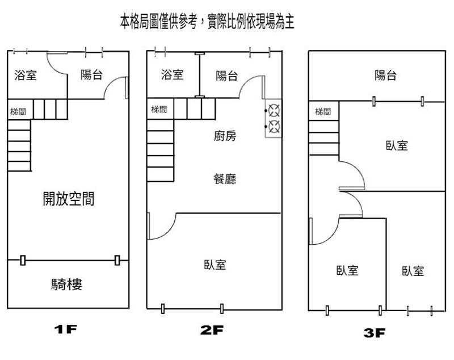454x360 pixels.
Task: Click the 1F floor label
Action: (x=65, y=329)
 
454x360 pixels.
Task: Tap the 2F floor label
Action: (x=212, y=330)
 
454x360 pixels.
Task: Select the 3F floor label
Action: (x=375, y=333)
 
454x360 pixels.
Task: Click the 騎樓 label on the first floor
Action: (x=66, y=284)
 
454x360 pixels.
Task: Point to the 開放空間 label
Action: (x=69, y=199)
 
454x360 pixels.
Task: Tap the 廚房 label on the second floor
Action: (x=225, y=136)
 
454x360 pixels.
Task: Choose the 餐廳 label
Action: (x=225, y=179)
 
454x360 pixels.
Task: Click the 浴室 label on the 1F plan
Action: (x=26, y=75)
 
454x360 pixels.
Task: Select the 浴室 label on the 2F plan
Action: (x=173, y=75)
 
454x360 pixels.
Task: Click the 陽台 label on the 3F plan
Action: (x=385, y=76)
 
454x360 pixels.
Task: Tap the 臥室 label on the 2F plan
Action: (x=215, y=265)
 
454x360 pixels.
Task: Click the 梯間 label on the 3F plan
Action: (x=323, y=111)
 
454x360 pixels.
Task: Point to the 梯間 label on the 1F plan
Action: (x=18, y=111)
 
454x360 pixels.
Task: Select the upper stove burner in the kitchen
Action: (x=274, y=110)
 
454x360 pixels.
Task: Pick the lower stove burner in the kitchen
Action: (x=274, y=127)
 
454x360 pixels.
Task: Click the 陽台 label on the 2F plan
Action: (x=227, y=76)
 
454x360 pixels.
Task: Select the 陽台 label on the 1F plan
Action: (x=91, y=74)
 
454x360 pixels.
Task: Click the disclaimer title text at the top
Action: (x=207, y=22)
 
